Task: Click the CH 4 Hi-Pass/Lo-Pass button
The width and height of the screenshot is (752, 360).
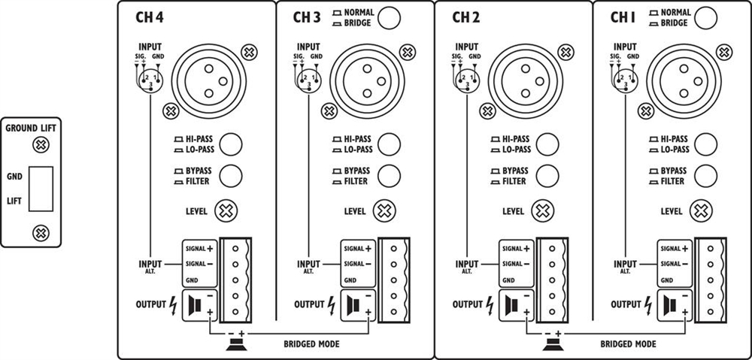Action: pos(231,143)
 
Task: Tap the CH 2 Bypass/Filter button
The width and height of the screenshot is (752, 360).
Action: pos(547,176)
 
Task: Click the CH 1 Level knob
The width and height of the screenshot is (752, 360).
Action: pos(700,211)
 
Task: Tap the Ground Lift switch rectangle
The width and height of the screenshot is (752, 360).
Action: pos(39,189)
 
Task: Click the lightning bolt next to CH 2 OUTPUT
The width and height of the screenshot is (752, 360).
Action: pos(490,305)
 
